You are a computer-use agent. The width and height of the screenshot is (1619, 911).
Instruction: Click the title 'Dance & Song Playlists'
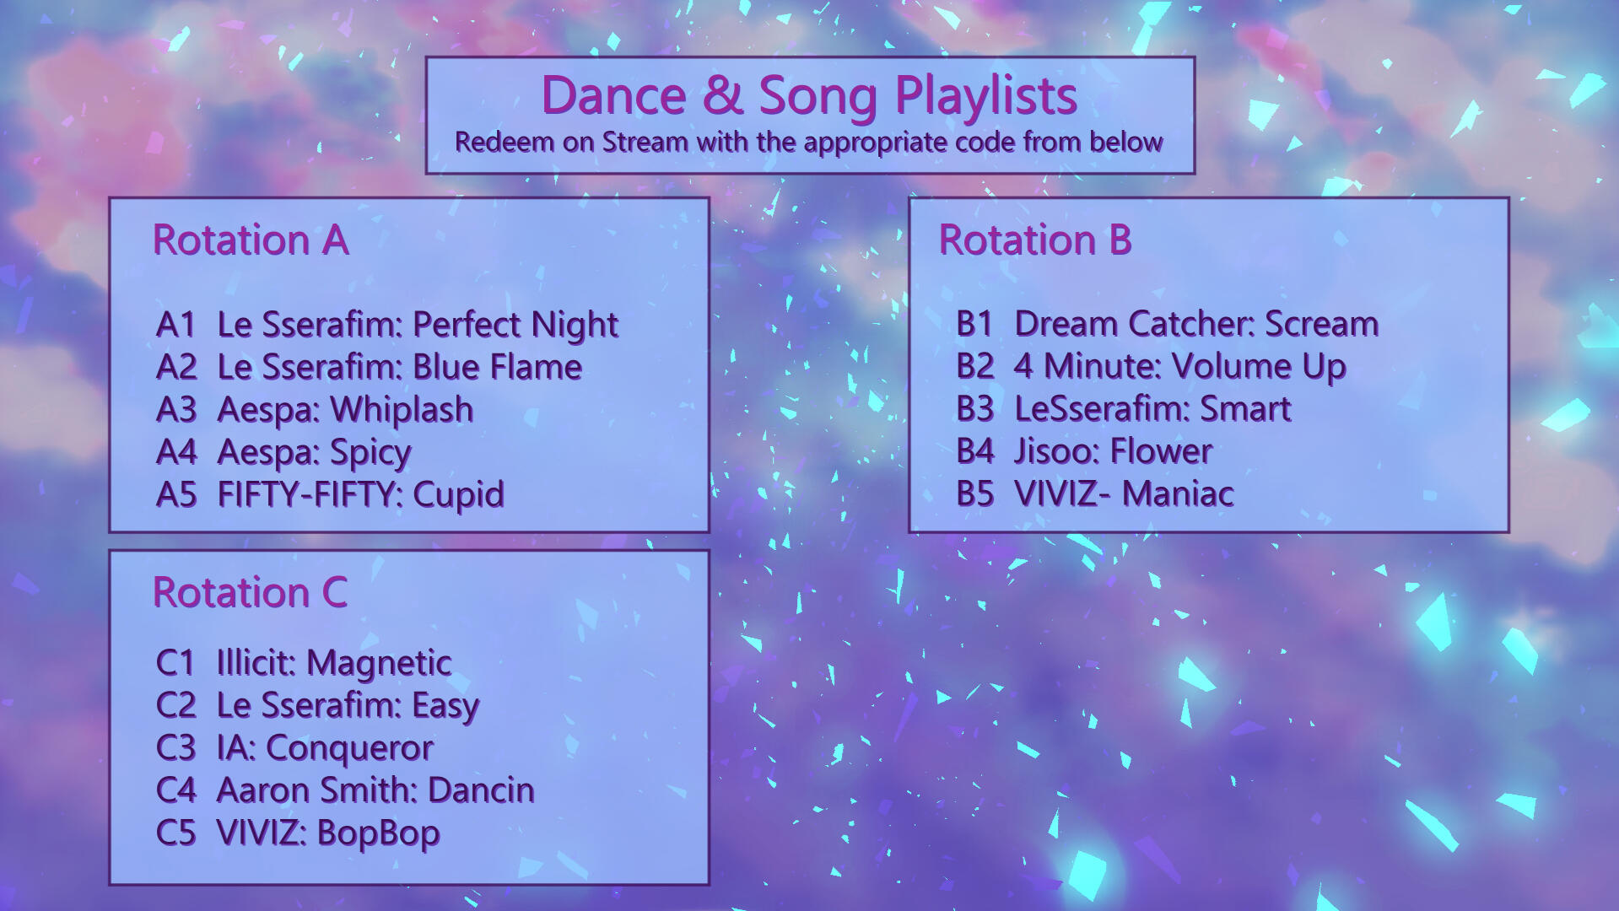tap(809, 95)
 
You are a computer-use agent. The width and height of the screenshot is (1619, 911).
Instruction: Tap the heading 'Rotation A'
tap(251, 240)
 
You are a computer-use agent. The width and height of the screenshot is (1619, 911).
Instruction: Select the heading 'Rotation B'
tap(1035, 240)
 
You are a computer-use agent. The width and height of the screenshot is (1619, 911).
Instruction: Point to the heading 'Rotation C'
tap(250, 592)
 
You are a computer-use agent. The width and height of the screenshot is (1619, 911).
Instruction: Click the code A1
tap(175, 325)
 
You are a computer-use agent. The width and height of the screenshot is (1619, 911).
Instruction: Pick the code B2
tap(975, 366)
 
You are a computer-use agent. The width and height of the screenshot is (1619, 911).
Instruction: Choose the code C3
tap(175, 748)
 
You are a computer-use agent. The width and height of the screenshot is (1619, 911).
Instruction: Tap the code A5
tap(175, 494)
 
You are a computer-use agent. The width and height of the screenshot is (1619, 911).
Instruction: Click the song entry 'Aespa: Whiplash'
tap(345, 411)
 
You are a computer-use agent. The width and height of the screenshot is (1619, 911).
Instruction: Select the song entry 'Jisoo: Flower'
tap(1113, 451)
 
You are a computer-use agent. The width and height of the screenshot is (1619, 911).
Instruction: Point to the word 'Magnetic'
tap(379, 664)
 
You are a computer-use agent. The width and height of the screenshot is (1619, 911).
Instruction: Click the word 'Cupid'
tap(458, 496)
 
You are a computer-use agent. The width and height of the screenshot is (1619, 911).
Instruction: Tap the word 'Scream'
tap(1322, 324)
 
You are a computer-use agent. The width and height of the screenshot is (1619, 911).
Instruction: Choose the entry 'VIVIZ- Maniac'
tap(1124, 493)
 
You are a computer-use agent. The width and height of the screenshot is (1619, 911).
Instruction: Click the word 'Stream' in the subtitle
tap(645, 143)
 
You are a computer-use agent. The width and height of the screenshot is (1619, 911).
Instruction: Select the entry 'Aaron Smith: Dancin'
tap(375, 790)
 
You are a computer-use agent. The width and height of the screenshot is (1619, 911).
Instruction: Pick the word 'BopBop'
tap(379, 834)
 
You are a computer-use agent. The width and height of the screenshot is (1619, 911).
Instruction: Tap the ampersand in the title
tap(722, 95)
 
